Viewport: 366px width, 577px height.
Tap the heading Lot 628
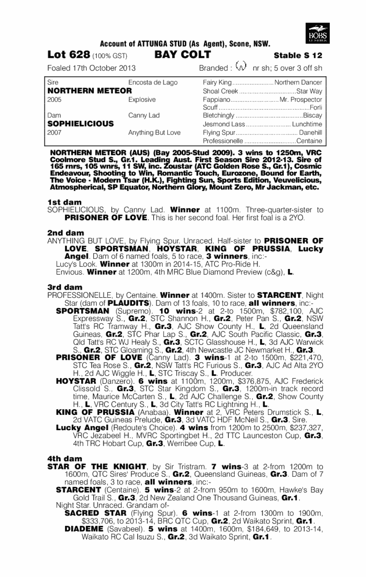pyautogui.click(x=69, y=55)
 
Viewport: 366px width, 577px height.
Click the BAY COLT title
pyautogui.click(x=183, y=55)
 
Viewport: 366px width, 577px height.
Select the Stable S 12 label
pyautogui.click(x=298, y=55)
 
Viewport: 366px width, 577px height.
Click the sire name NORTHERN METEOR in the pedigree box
pyautogui.click(x=89, y=91)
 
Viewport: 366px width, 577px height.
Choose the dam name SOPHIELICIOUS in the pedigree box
pyautogui.click(x=80, y=124)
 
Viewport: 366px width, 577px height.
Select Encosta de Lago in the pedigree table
pyautogui.click(x=153, y=83)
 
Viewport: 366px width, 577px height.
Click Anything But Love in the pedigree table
pyautogui.click(x=154, y=132)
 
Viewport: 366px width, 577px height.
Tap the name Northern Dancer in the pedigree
pyautogui.click(x=298, y=83)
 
